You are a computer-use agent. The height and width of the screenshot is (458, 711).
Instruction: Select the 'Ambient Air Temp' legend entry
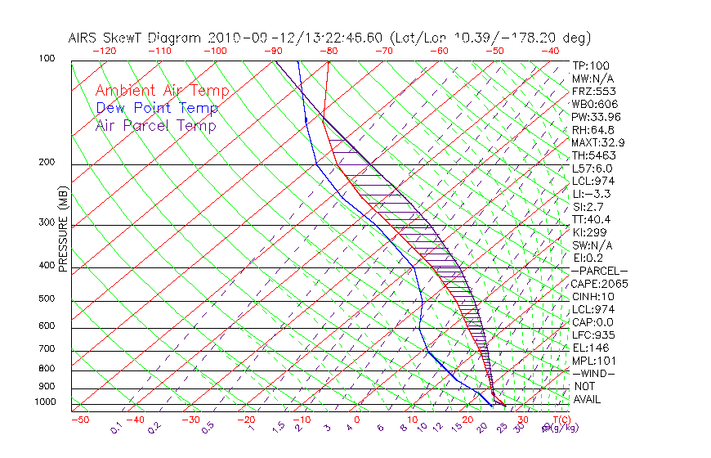click(162, 92)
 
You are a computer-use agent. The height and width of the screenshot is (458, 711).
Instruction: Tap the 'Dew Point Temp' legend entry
click(157, 109)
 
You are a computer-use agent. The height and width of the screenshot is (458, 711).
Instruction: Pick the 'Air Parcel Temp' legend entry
click(156, 126)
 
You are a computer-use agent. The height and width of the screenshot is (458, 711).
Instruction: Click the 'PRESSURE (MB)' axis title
click(63, 231)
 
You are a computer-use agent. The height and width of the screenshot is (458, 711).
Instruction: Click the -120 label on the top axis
click(104, 51)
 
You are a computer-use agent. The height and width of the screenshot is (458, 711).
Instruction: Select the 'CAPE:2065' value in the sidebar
click(598, 284)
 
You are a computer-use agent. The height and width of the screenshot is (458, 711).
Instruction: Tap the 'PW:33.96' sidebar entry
click(595, 117)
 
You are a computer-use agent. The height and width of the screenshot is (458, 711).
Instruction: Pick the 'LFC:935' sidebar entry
click(593, 335)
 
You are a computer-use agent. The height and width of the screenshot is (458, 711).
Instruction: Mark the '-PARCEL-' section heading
click(599, 271)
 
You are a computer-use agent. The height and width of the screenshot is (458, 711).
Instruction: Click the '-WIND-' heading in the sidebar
click(594, 374)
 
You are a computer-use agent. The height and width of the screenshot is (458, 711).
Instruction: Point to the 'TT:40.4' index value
click(592, 219)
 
